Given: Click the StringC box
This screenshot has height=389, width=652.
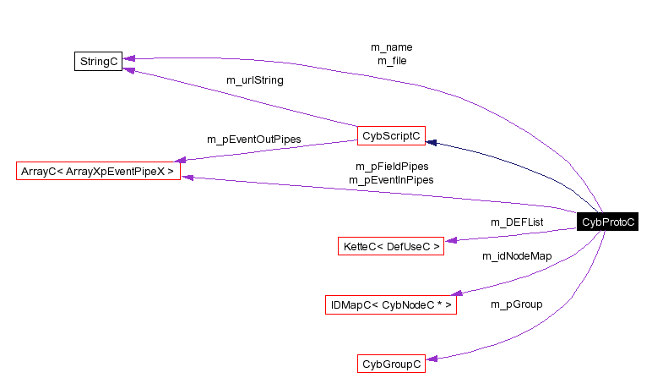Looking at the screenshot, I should [99, 61].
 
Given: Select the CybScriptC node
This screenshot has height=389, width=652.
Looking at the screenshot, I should [390, 135].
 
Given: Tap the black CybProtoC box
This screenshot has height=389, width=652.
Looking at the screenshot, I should [606, 222].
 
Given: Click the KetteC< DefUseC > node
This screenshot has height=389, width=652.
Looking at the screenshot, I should [391, 247].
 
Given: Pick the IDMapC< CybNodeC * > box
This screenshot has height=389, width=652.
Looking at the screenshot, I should [391, 304].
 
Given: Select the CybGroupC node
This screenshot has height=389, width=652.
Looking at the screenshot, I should [391, 364].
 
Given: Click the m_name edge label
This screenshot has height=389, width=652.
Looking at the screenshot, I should [392, 47].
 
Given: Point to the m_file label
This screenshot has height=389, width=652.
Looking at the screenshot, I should [392, 61].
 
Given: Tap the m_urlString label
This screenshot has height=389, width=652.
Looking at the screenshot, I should [255, 80].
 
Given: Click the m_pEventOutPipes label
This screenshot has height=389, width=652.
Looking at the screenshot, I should [254, 140].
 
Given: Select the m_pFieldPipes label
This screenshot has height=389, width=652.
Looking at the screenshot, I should [392, 167].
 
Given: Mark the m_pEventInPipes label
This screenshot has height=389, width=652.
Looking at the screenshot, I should [392, 179].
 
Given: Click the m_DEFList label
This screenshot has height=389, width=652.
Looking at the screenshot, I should [517, 222].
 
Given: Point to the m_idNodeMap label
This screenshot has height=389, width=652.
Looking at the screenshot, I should [517, 255].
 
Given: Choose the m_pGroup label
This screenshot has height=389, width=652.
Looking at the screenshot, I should [517, 304].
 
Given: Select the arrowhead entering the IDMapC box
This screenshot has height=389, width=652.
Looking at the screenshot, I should [462, 293].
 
